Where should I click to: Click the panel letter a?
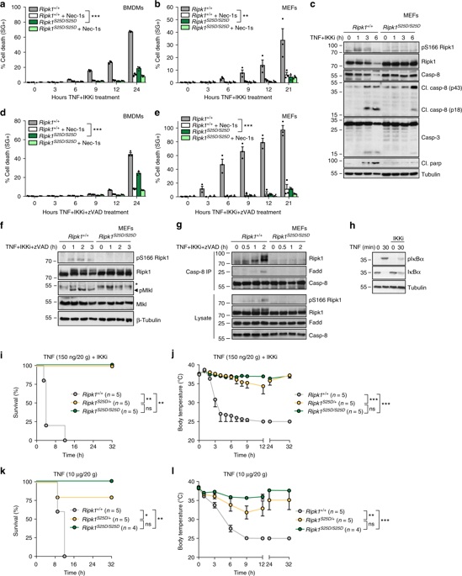(x=5, y=6)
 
